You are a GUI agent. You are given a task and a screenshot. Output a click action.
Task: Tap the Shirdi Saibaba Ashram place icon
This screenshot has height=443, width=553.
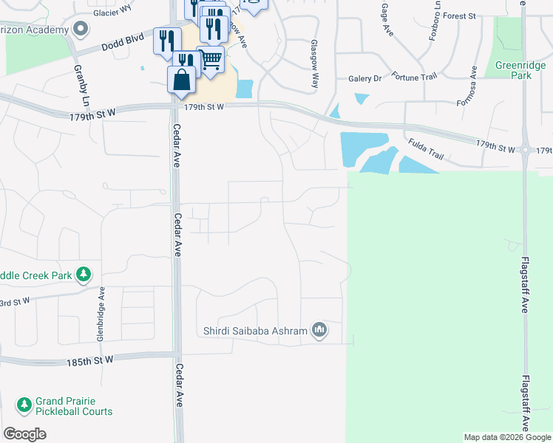[319, 329]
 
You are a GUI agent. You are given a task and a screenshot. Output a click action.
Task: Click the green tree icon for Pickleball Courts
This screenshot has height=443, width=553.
[24, 405]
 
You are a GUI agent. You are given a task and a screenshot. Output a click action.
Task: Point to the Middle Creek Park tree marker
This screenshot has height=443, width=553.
[84, 275]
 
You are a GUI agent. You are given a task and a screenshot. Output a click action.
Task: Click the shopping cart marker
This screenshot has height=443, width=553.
[211, 59]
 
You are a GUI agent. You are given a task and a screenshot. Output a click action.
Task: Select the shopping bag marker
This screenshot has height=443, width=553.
[181, 80]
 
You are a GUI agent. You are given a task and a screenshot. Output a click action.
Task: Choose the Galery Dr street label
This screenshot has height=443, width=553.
[365, 78]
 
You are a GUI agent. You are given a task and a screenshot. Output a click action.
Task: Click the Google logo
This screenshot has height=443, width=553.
[25, 434]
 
